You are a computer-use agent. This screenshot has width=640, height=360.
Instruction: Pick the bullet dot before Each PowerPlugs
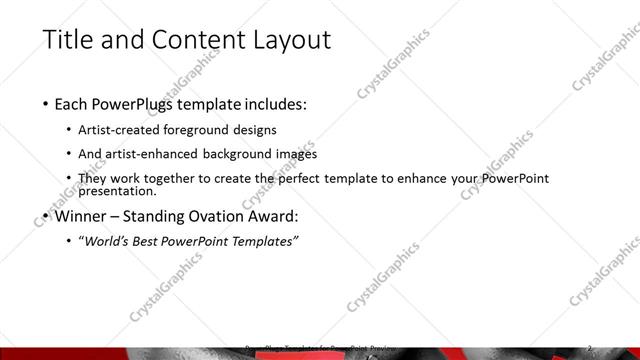point(47,105)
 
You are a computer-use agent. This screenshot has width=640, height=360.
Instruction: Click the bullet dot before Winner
point(47,217)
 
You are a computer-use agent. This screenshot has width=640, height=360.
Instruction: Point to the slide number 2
point(590,348)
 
